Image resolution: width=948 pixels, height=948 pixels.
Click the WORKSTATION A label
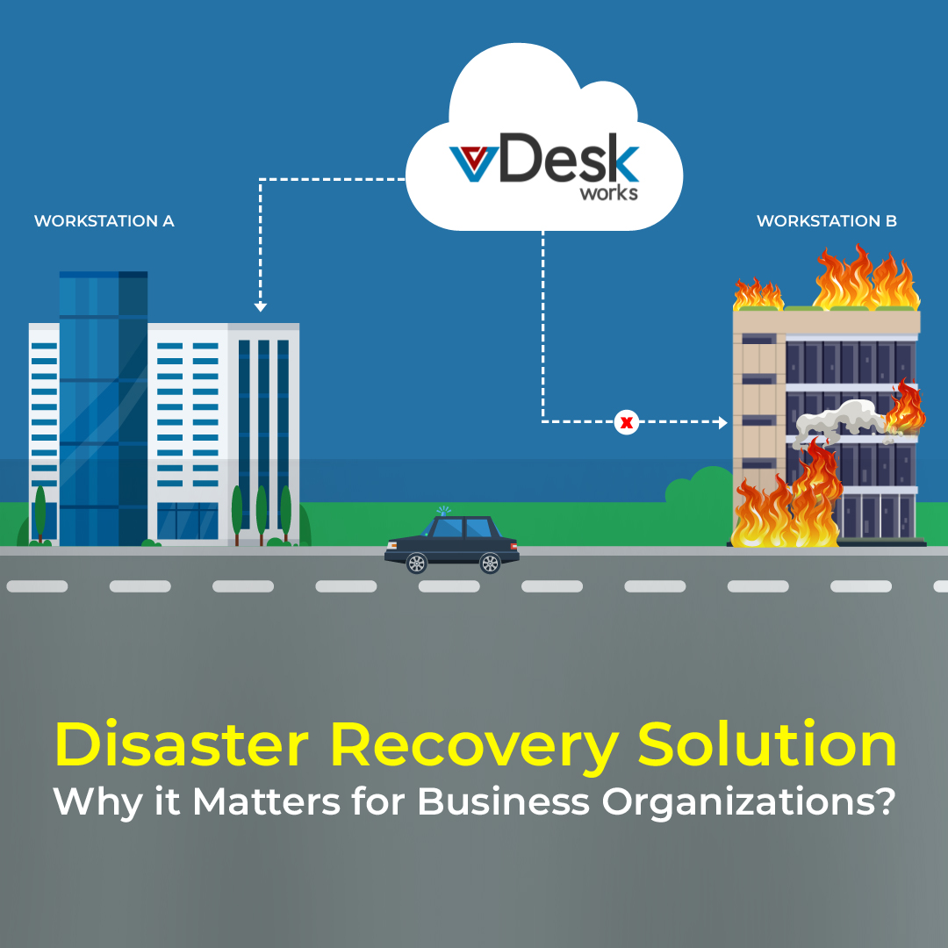pos(104,221)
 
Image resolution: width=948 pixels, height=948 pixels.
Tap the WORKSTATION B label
pos(827,221)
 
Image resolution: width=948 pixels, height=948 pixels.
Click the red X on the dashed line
pos(627,422)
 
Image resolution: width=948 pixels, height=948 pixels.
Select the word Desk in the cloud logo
pos(569,158)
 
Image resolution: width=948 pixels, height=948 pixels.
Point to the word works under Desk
pos(609,193)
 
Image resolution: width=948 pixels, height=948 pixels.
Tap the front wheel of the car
pos(417,564)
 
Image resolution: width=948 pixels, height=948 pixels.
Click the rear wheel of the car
pos(490,564)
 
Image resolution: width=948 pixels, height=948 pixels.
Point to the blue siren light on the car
pos(444,512)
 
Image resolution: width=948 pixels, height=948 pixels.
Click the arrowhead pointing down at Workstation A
pos(260,307)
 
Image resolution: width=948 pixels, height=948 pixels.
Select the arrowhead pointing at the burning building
pos(723,422)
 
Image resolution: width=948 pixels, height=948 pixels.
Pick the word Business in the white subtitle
pos(503,801)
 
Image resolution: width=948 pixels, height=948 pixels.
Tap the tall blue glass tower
pos(104,409)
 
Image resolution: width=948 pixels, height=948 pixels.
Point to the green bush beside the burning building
pos(700,485)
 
